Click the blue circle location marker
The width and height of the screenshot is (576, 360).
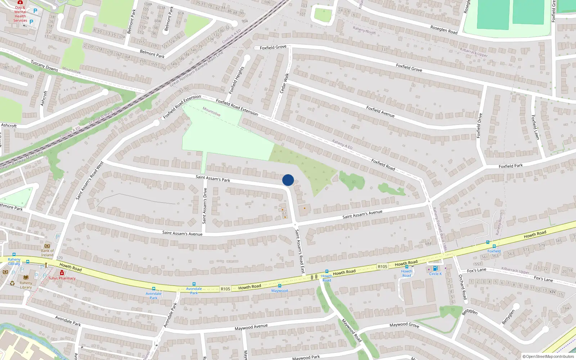(x=288, y=180)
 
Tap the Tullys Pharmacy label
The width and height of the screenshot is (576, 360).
(x=62, y=278)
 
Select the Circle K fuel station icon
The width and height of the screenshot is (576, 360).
(x=435, y=268)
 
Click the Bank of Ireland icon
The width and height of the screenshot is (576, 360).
(x=47, y=246)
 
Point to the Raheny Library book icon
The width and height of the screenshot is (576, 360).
(x=26, y=278)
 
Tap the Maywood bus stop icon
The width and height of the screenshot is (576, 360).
(x=280, y=286)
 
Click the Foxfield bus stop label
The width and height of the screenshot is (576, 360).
(x=494, y=251)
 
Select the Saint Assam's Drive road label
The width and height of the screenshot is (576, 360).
(x=205, y=206)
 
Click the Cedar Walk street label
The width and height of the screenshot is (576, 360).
(x=284, y=83)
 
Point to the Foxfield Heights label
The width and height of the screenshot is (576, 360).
(x=237, y=80)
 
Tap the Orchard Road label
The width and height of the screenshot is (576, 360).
(x=463, y=287)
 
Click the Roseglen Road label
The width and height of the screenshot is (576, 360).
(x=444, y=30)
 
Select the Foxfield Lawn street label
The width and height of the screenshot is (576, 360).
(x=535, y=127)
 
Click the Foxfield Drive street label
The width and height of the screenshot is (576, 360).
(x=479, y=125)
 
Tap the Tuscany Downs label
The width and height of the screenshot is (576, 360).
(x=44, y=66)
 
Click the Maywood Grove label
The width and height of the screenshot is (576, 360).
(x=404, y=325)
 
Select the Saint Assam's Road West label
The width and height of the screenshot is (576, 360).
(x=90, y=180)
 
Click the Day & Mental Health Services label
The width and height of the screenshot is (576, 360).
(x=20, y=14)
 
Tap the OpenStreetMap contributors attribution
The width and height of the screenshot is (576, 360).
(x=548, y=357)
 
